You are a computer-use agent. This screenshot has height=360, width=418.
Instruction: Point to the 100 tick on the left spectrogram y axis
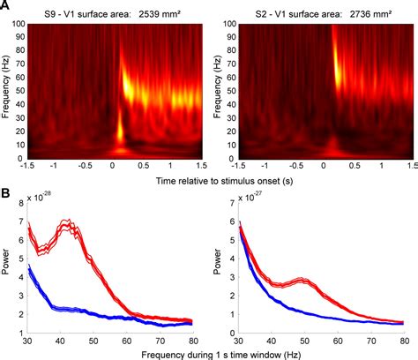(x=18, y=24)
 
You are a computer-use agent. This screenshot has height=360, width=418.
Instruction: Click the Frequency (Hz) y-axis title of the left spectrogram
(x=6, y=91)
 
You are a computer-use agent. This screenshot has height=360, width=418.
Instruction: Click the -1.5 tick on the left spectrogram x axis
(x=28, y=164)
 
